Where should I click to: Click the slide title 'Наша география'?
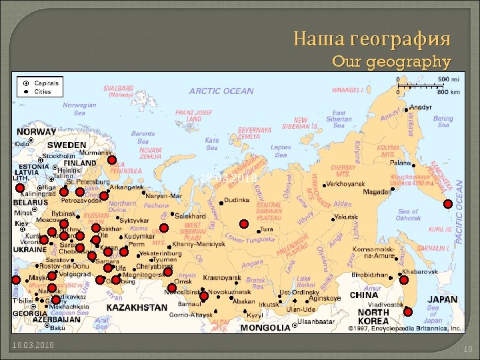372,38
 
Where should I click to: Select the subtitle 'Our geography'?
391,62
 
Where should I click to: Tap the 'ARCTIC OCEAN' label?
221,91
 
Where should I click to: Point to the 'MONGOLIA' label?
265,327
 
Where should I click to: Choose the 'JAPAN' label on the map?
443,299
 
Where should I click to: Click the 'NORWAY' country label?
36,132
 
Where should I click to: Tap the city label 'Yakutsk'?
347,217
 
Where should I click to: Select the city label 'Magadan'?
377,191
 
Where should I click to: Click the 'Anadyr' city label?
420,107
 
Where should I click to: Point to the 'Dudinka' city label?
237,199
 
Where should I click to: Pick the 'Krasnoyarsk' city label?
221,277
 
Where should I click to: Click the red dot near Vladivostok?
408,311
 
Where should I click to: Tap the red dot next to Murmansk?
111,161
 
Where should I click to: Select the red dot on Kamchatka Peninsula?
448,204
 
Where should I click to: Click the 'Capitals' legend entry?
47,83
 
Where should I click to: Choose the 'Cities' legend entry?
43,91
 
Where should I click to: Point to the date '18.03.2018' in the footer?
33,344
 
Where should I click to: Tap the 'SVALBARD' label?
118,88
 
